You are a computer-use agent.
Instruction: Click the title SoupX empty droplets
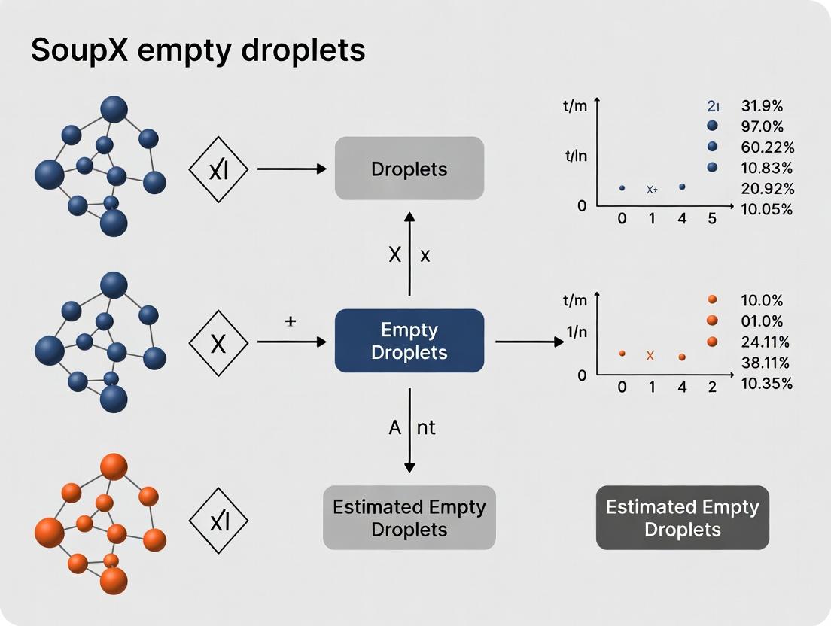(198, 50)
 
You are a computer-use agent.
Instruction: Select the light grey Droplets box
(409, 169)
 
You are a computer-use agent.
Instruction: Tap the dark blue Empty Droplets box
(409, 341)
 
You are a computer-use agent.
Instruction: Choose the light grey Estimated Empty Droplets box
(409, 518)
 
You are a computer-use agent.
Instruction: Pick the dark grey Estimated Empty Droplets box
(682, 518)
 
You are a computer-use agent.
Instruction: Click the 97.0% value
(762, 126)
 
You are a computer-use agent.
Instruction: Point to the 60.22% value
(766, 147)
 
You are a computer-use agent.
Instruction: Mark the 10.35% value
(766, 384)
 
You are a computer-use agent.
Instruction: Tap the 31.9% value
(762, 106)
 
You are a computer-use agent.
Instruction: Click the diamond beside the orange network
(218, 519)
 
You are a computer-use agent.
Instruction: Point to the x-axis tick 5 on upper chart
(712, 219)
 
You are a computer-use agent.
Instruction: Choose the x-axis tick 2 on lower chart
(712, 388)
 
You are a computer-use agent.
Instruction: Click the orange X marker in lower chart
(650, 355)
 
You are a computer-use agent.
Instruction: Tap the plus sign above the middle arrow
(291, 322)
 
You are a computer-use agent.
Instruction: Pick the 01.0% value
(762, 321)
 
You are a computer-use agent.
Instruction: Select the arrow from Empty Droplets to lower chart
(529, 342)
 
